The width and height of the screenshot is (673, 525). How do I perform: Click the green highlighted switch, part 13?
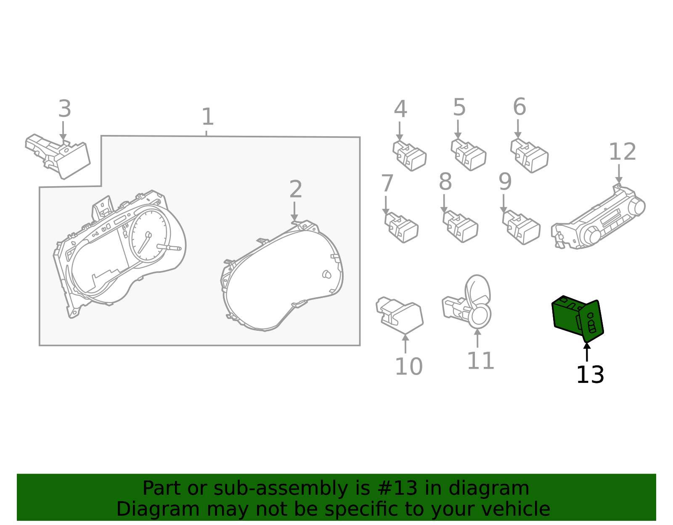click(x=577, y=319)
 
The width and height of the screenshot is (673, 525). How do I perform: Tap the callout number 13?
click(x=590, y=375)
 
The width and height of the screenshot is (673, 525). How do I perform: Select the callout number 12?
click(x=622, y=152)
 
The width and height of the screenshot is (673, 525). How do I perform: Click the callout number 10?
click(x=408, y=367)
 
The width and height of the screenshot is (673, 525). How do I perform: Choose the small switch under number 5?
click(x=468, y=155)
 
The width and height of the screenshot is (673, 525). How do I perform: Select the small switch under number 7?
click(x=401, y=227)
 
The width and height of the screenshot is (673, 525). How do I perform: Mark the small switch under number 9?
click(x=521, y=228)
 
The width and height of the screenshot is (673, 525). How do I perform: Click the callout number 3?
click(x=65, y=108)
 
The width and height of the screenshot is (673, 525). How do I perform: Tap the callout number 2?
click(x=295, y=189)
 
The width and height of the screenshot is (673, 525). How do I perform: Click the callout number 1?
click(x=207, y=116)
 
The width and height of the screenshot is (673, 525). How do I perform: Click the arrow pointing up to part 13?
click(x=587, y=352)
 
